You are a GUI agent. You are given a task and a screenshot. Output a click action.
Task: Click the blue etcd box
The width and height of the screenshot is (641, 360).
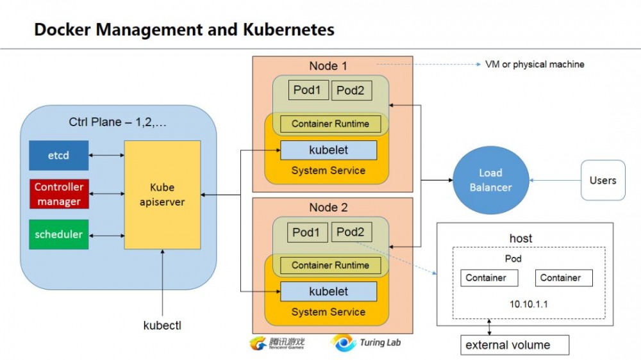[59, 155]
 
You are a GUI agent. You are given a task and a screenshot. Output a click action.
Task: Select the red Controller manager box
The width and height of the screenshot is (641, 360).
[59, 194]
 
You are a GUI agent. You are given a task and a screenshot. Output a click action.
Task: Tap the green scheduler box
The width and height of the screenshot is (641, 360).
[59, 234]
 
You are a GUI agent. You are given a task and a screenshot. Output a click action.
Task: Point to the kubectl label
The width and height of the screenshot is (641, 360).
[162, 325]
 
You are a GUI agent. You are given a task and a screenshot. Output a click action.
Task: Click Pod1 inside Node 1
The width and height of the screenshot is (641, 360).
[307, 90]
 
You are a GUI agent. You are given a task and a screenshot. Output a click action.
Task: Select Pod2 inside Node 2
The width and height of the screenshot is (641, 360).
[351, 233]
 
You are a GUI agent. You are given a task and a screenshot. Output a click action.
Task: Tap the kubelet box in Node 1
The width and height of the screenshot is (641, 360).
[328, 150]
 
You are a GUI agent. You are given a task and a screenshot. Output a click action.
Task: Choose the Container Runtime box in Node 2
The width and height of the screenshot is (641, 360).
[330, 265]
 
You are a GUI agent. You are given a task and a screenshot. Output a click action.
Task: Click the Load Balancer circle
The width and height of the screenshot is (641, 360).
[490, 180]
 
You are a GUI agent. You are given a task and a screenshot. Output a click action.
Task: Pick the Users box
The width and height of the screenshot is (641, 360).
[603, 180]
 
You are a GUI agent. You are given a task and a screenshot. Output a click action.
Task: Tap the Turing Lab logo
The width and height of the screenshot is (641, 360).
[365, 343]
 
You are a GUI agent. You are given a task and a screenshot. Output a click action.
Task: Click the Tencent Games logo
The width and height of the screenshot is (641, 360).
[277, 343]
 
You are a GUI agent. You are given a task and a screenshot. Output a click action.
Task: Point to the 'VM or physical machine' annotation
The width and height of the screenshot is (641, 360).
[535, 65]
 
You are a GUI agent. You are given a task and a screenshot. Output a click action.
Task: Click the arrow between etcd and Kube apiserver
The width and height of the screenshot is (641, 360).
[106, 155]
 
